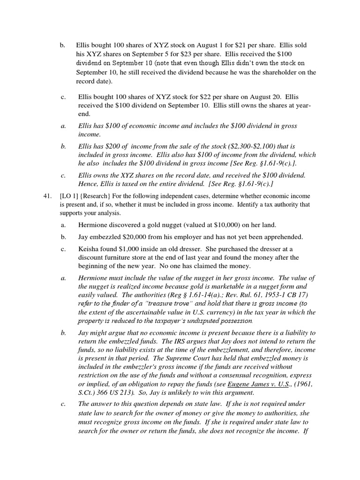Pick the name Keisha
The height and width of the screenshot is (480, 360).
point(89,249)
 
